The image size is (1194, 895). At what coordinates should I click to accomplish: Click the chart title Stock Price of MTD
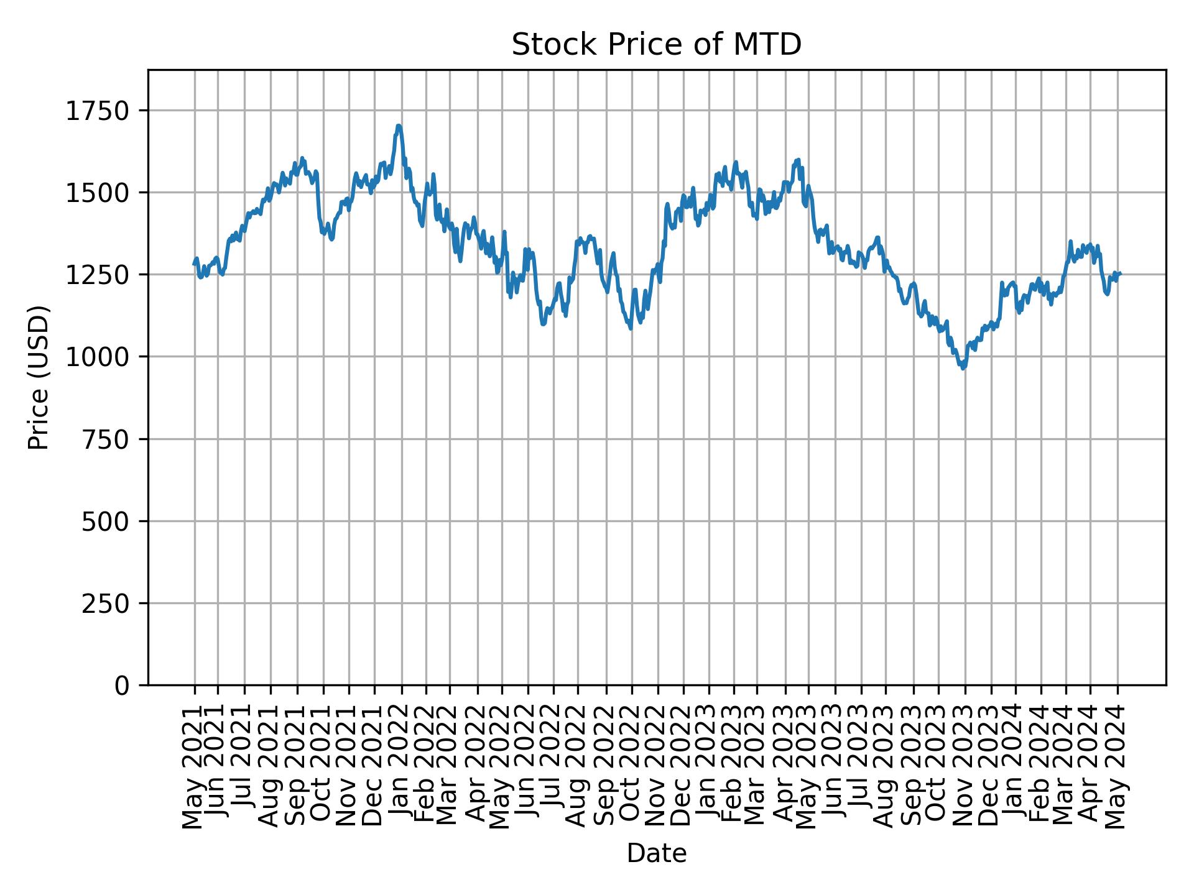pyautogui.click(x=656, y=45)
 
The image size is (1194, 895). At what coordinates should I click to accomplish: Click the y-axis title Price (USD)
pyautogui.click(x=39, y=377)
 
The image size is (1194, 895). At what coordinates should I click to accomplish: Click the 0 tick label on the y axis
pyautogui.click(x=122, y=685)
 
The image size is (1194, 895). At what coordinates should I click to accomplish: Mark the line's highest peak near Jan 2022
pyautogui.click(x=399, y=126)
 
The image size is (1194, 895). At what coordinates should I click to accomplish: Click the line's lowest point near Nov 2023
pyautogui.click(x=963, y=369)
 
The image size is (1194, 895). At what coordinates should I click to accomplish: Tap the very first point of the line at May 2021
pyautogui.click(x=194, y=264)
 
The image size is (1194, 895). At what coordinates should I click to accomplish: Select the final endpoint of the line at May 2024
pyautogui.click(x=1120, y=273)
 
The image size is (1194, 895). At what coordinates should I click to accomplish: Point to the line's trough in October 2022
pyautogui.click(x=631, y=328)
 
